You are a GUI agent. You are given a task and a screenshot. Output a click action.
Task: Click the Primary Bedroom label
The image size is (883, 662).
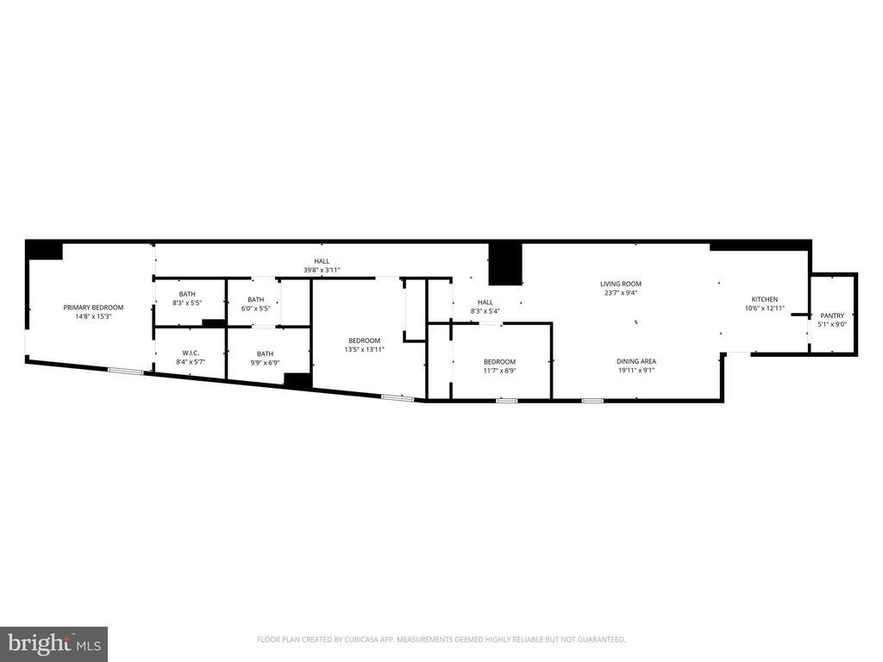click(x=93, y=308)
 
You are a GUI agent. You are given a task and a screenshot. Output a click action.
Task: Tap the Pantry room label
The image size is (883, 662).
click(x=832, y=315)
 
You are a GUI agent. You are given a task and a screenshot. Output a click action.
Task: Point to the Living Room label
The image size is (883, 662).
click(x=621, y=284)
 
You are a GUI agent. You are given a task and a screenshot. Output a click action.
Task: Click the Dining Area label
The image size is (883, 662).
click(x=636, y=361)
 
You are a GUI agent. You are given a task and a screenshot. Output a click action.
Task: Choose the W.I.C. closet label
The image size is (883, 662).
click(x=191, y=353)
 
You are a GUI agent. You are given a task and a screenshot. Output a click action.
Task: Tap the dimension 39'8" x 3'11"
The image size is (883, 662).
click(x=322, y=271)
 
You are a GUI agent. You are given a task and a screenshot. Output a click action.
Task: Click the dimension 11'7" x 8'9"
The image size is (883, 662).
click(x=499, y=371)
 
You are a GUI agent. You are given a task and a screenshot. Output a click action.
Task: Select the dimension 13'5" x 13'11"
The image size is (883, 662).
click(x=364, y=350)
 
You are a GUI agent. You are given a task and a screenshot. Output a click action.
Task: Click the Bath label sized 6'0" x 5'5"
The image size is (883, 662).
click(x=256, y=299)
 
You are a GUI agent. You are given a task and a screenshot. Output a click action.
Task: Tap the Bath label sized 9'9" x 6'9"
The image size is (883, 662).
click(x=265, y=353)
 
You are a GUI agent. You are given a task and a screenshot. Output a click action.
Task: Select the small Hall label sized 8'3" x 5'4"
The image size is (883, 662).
click(x=485, y=302)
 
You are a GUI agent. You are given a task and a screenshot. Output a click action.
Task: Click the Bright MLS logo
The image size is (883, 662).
click(x=53, y=643)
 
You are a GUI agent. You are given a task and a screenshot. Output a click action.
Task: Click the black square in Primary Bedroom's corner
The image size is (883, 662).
click(x=44, y=250)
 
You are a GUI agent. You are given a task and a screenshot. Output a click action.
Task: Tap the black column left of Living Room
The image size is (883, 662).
click(x=505, y=264)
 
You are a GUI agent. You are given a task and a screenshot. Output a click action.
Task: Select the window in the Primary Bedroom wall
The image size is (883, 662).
click(x=125, y=371)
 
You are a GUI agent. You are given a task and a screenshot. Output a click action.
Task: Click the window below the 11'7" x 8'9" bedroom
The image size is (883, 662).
click(x=507, y=401)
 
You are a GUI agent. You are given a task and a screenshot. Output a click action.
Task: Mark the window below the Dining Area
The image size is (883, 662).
click(x=592, y=401)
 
